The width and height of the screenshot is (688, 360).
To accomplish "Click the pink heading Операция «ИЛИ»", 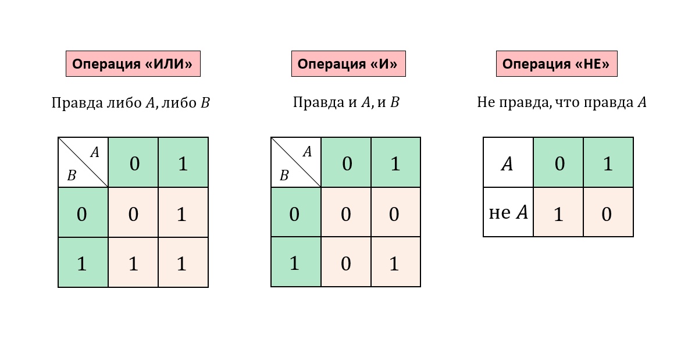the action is [133, 63].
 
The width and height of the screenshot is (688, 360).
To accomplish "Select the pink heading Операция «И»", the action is [348, 63].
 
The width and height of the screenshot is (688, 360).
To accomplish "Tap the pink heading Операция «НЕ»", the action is [557, 63].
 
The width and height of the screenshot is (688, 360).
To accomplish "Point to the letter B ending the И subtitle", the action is [394, 102].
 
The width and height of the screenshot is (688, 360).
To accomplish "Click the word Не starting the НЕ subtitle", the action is [486, 102].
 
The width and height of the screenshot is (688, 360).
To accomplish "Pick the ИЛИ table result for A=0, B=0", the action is [133, 212].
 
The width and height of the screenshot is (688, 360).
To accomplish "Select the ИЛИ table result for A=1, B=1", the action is [183, 262].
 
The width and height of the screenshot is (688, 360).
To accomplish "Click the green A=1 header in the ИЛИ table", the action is [183, 162].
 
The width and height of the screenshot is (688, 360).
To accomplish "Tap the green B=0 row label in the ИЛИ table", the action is [83, 212].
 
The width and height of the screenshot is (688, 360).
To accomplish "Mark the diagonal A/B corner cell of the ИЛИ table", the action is [83, 162].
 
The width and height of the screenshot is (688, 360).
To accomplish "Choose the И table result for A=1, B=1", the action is [396, 262].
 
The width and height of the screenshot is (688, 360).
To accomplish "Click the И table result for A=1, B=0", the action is [396, 212].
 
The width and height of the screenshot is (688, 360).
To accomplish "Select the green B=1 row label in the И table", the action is [296, 262].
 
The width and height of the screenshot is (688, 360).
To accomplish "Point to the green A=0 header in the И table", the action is [346, 162].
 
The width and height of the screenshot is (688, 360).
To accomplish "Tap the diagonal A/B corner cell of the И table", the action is [296, 162].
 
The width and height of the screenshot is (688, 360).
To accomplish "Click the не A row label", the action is [508, 212].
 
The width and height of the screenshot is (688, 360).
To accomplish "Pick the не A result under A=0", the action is [558, 212].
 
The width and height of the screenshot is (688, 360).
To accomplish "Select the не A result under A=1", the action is [608, 212].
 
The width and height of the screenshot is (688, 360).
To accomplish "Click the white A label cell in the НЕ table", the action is [508, 162].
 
